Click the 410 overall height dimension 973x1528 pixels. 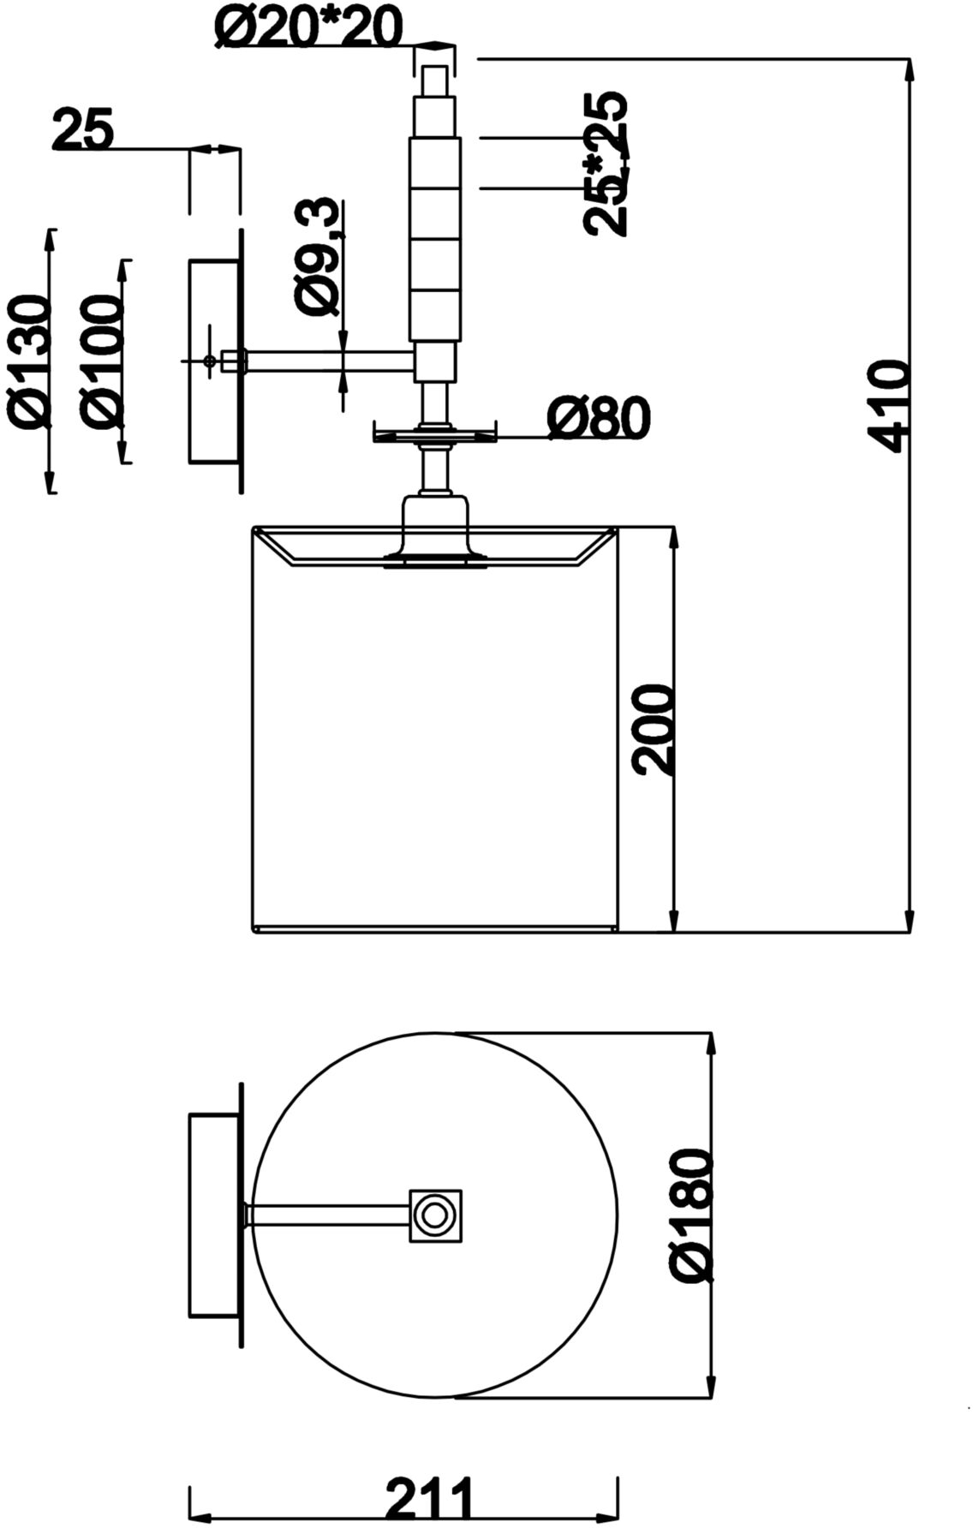pyautogui.click(x=886, y=405)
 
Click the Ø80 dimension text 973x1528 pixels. pyautogui.click(x=599, y=418)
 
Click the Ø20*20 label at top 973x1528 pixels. pyautogui.click(x=307, y=28)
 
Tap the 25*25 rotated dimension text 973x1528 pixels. pyautogui.click(x=607, y=163)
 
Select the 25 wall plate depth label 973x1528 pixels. pyautogui.click(x=83, y=130)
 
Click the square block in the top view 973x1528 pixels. pyautogui.click(x=436, y=1215)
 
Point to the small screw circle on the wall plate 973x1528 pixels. pyautogui.click(x=210, y=361)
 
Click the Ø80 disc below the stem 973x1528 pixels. pyautogui.click(x=435, y=434)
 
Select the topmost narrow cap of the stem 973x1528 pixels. pyautogui.click(x=435, y=80)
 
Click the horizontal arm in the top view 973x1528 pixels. pyautogui.click(x=329, y=1215)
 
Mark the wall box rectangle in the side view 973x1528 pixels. pyautogui.click(x=215, y=361)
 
